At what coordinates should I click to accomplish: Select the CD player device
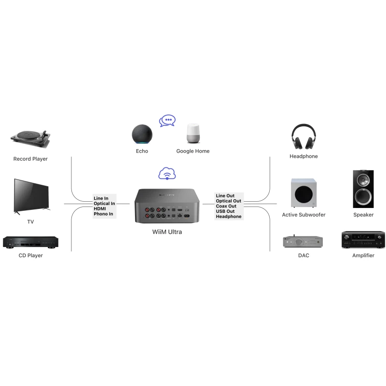(x=31, y=242)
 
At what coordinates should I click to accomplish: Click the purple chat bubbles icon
(x=167, y=121)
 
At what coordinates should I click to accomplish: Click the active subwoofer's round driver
(x=303, y=194)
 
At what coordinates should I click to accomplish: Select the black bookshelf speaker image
(x=363, y=189)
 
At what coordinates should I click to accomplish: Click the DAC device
(x=303, y=241)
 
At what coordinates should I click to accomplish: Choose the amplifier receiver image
(x=363, y=240)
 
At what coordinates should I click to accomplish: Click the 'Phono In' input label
(x=104, y=214)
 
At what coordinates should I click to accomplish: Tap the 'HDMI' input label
(x=100, y=208)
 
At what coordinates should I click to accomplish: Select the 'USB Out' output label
(x=225, y=211)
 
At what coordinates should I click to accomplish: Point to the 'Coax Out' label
(x=226, y=206)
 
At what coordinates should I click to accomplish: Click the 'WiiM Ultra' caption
(x=167, y=232)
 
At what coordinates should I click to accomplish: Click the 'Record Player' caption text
(x=30, y=159)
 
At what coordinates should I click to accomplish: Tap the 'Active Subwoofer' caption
(x=303, y=215)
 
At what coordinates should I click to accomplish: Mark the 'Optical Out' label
(x=229, y=201)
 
